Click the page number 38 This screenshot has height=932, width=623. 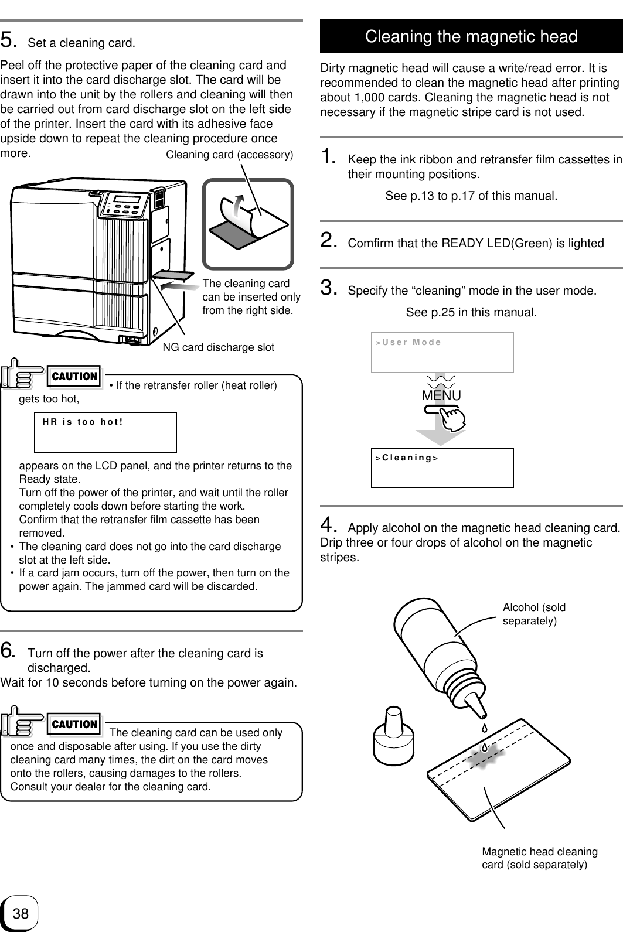click(x=20, y=913)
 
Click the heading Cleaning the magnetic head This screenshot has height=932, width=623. click(x=471, y=37)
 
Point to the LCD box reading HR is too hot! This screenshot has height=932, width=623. click(x=105, y=432)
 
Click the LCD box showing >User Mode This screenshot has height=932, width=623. click(x=442, y=352)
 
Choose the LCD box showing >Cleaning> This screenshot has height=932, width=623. click(x=442, y=467)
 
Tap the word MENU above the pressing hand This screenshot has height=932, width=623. click(x=441, y=396)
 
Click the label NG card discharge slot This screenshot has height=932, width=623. click(x=218, y=347)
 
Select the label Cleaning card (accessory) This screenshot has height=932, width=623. click(x=230, y=155)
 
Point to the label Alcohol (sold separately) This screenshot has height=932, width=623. click(x=534, y=614)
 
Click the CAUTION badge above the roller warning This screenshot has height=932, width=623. click(x=74, y=377)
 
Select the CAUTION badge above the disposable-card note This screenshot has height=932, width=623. click(x=74, y=725)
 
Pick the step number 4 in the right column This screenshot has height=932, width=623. click(x=328, y=523)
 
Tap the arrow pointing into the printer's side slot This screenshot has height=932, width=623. click(x=179, y=285)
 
